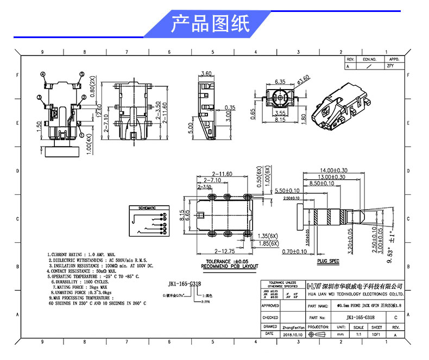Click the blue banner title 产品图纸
[x=210, y=24]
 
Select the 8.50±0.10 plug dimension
[x=323, y=184]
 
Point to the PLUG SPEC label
[x=328, y=262]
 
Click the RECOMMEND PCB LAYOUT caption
[x=230, y=267]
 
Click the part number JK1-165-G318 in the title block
[x=360, y=317]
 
